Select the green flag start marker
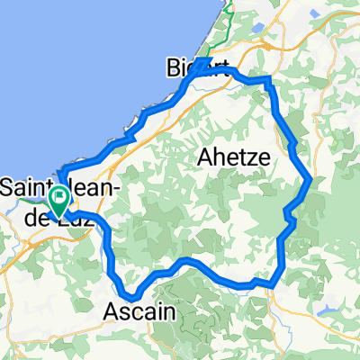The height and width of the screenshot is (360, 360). tap(60, 198)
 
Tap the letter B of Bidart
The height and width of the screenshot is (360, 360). tap(173, 67)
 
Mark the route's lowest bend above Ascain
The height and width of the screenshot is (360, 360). tap(132, 296)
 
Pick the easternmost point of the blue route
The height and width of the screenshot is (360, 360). tap(310, 179)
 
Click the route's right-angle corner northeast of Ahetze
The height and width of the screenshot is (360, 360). tap(268, 81)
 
